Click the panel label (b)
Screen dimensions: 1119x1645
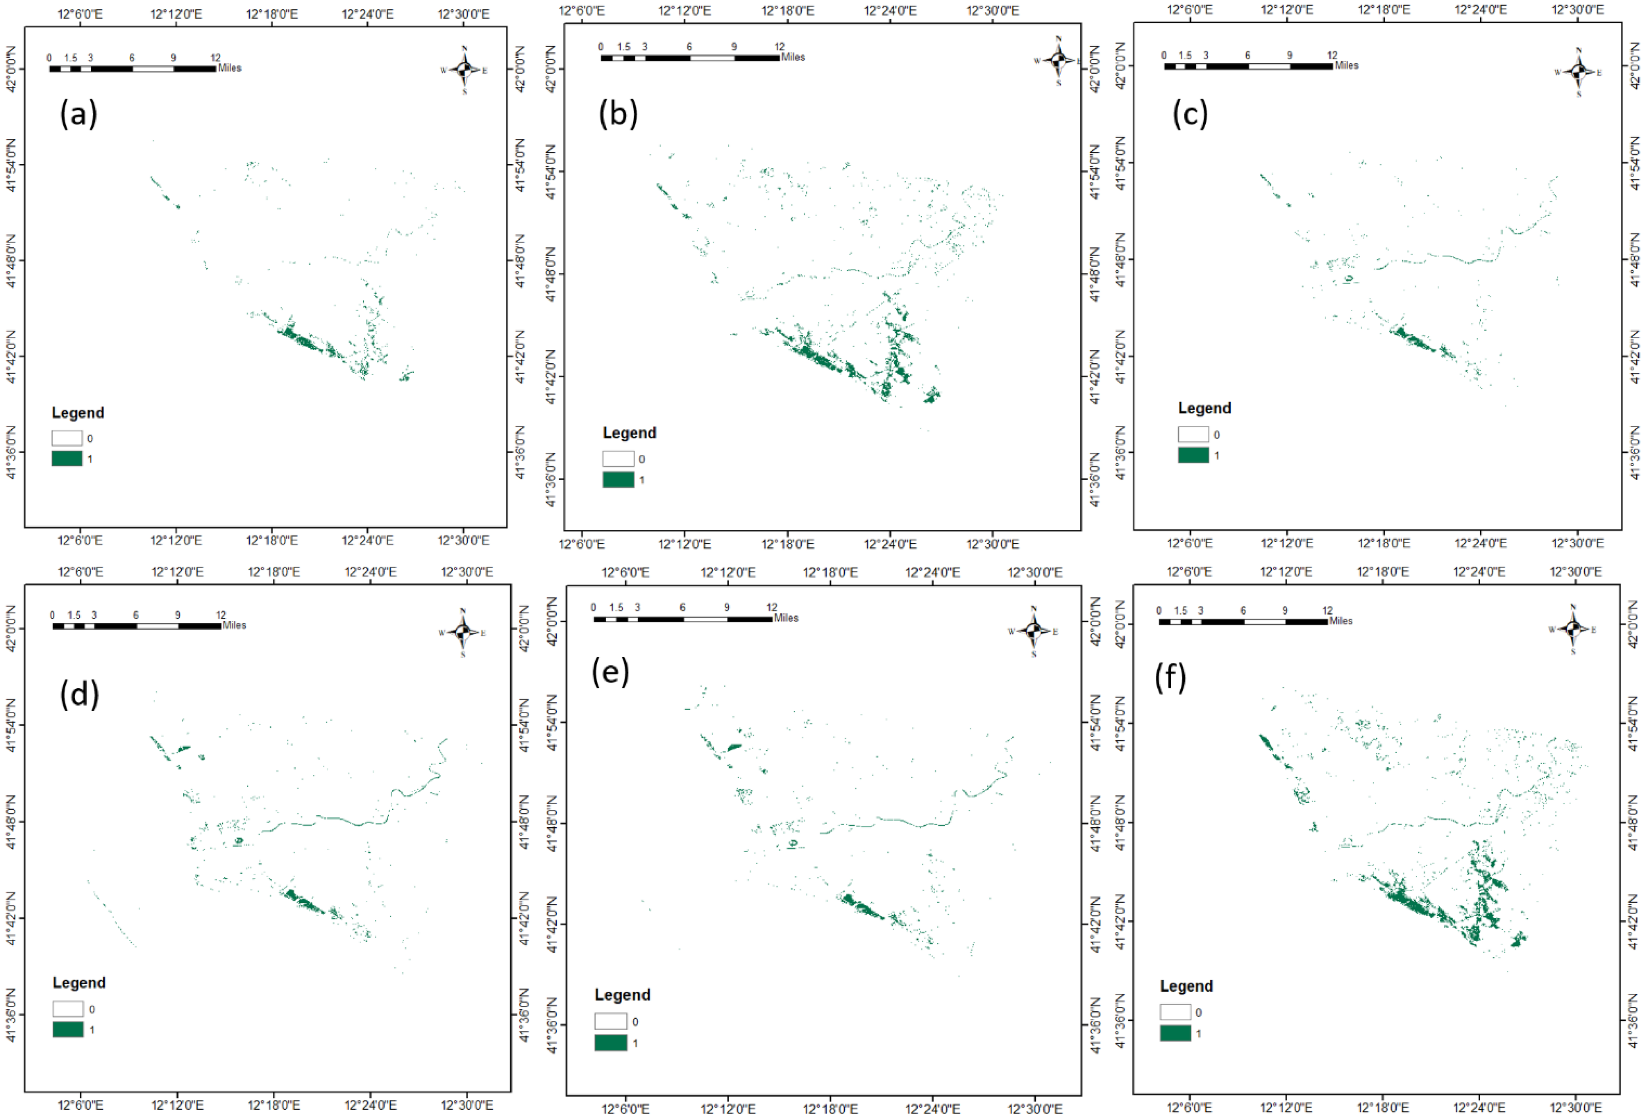tap(618, 113)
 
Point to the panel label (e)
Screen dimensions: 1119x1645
tap(610, 671)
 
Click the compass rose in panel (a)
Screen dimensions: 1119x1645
tap(464, 69)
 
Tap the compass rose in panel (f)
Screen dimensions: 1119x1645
tap(1573, 628)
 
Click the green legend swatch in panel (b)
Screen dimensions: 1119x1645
tap(618, 479)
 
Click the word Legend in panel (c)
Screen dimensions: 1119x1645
tap(1204, 408)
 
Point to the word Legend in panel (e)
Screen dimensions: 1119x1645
tap(622, 995)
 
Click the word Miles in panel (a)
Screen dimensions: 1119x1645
tap(229, 68)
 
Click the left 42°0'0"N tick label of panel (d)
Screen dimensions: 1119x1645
tap(11, 628)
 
